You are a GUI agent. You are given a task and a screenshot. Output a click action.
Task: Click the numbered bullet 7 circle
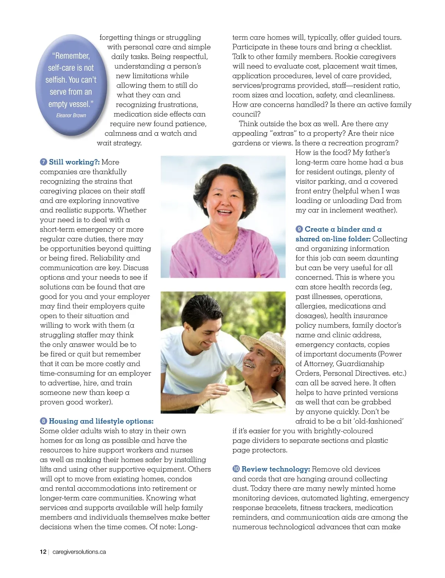pos(43,162)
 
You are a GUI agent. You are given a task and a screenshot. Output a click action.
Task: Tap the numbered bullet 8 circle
pos(43,421)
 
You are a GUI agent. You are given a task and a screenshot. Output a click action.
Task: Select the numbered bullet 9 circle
pos(299,229)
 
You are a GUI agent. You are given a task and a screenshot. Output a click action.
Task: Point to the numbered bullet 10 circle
pos(236,469)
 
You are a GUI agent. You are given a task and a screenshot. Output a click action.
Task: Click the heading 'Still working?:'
pos(74,162)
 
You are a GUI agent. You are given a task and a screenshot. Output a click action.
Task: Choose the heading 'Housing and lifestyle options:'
pos(101,421)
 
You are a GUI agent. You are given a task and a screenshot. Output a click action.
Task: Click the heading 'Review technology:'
pos(276,469)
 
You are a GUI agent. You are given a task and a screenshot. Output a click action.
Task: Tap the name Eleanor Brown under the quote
pos(71,115)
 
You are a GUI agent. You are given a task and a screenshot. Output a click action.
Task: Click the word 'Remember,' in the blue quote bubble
pos(71,56)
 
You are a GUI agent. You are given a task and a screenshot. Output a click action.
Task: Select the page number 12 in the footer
pos(43,552)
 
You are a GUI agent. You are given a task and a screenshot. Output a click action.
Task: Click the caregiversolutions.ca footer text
pos(79,552)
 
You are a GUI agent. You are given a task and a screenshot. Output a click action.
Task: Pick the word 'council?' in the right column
pos(246,114)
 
